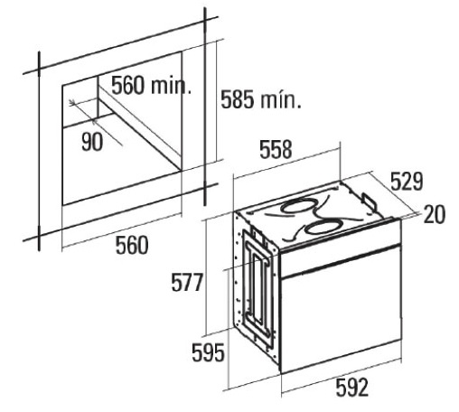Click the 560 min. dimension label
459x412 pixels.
[x=151, y=85]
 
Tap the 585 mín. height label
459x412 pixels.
[x=261, y=99]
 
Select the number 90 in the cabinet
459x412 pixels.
[x=92, y=141]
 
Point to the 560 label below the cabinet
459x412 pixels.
[x=132, y=246]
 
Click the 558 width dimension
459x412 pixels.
[x=276, y=149]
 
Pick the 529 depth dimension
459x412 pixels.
[x=407, y=182]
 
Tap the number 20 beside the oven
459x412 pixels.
[x=435, y=214]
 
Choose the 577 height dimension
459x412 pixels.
[x=187, y=283]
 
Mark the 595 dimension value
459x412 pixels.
[x=208, y=352]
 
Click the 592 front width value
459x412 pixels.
[x=352, y=387]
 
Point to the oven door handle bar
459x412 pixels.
[x=341, y=261]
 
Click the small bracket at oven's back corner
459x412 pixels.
[x=368, y=201]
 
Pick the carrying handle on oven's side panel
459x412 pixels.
[x=258, y=285]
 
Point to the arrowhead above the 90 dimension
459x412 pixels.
[x=71, y=103]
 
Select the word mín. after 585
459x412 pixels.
[x=281, y=99]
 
